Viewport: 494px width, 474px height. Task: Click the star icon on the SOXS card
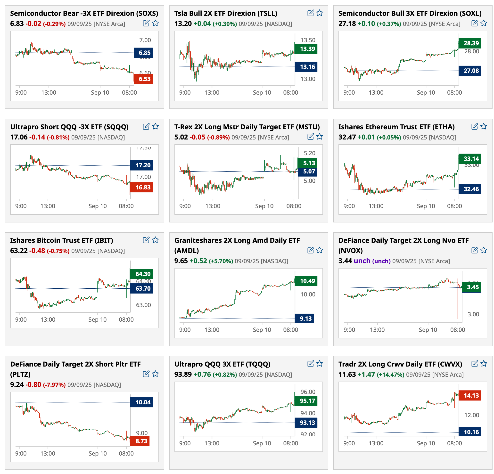pyautogui.click(x=156, y=23)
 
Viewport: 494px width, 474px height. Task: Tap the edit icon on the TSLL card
pyautogui.click(x=311, y=13)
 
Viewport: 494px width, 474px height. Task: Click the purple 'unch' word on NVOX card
pyautogui.click(x=362, y=261)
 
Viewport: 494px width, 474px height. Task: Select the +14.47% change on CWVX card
pyautogui.click(x=390, y=375)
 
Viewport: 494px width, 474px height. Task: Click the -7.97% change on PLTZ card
pyautogui.click(x=54, y=385)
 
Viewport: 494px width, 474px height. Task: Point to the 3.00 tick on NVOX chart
pyautogui.click(x=473, y=314)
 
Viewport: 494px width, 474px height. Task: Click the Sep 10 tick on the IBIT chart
pyautogui.click(x=97, y=319)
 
